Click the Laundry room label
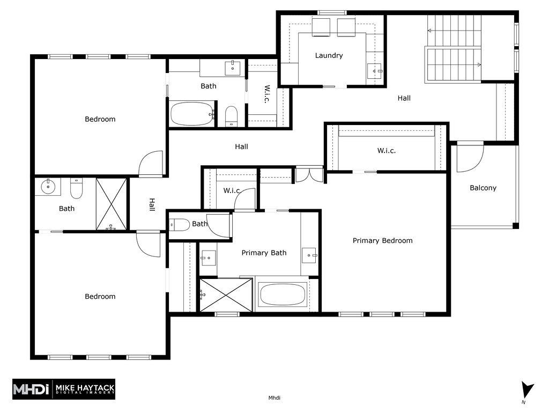point(329,55)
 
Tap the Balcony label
point(483,188)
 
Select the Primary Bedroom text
point(382,241)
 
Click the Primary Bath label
point(264,253)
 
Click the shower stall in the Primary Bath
point(226,295)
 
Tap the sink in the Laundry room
point(375,71)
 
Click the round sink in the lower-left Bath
point(48,186)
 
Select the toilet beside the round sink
point(76,188)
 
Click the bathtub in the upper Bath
point(192,114)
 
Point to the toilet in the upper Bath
point(231,116)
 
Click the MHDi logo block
point(64,389)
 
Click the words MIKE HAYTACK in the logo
point(85,387)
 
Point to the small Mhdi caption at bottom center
point(274,398)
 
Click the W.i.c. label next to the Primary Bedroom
point(387,151)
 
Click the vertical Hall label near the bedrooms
point(152,204)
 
